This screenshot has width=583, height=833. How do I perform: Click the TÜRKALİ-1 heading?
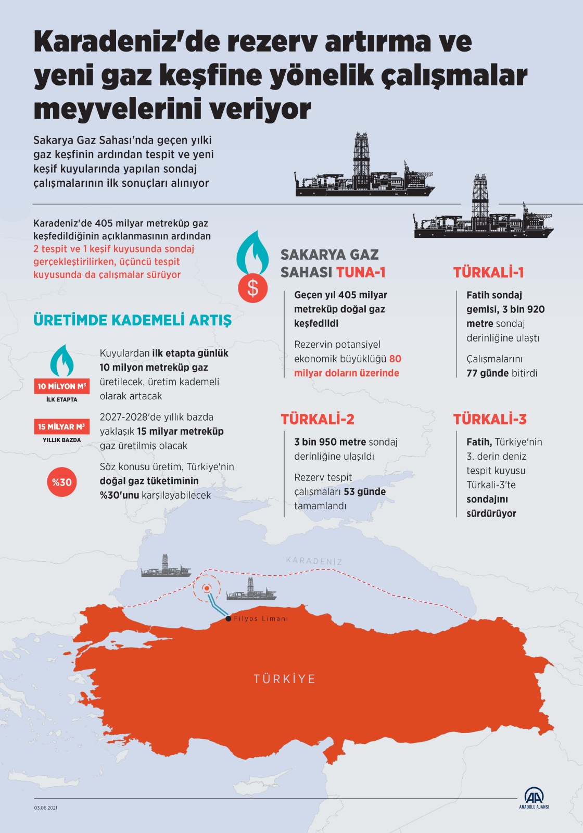coord(488,272)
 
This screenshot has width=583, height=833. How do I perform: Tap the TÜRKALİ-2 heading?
coord(317,419)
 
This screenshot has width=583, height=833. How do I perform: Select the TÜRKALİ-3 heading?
coord(489,419)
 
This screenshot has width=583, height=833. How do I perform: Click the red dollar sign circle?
coord(252,288)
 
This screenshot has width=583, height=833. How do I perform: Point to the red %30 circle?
coord(61,482)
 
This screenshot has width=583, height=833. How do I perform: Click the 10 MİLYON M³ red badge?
coord(61,386)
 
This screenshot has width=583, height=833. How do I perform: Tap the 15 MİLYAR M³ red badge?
coord(61,427)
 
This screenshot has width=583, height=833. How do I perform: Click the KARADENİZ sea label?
coord(314,561)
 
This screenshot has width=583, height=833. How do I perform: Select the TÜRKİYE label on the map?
coord(284,679)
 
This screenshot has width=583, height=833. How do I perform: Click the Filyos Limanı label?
coord(261,619)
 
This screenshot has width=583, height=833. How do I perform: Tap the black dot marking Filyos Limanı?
coord(229,619)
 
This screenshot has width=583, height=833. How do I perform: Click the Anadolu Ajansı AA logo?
coord(534,797)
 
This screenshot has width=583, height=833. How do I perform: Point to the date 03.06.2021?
coord(46,807)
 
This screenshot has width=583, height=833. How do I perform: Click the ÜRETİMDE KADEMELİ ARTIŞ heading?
coord(132,320)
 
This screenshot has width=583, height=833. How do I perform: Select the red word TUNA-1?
coord(361,272)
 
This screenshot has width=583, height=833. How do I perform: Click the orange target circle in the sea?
coord(207,588)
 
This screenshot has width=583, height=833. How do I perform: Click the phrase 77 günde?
coord(487,373)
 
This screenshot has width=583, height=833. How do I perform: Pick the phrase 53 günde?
coord(364,492)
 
